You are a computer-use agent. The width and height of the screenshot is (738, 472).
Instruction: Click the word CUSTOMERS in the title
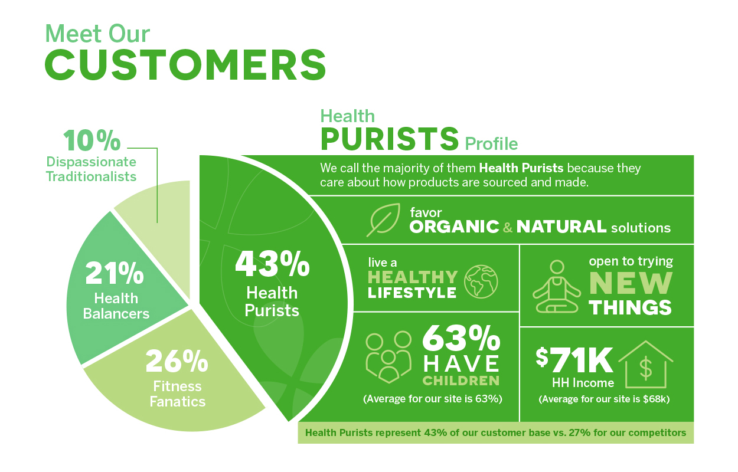tap(185, 65)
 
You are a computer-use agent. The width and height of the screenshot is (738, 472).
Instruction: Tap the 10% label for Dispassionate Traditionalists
tap(92, 140)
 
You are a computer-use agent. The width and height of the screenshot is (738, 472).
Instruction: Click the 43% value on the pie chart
tap(272, 264)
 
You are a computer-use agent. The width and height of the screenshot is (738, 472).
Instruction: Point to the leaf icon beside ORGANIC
tap(384, 219)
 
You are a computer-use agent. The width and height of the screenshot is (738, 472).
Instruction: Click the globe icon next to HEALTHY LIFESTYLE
tap(481, 282)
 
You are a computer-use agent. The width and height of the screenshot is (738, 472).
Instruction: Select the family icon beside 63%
tap(388, 357)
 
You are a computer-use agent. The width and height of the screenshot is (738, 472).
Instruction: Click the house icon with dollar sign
tap(646, 365)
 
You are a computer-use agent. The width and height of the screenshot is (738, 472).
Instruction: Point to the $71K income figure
tap(574, 360)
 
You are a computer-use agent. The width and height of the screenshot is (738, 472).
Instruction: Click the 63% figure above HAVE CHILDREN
tap(461, 339)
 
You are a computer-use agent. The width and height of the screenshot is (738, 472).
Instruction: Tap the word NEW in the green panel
tap(631, 283)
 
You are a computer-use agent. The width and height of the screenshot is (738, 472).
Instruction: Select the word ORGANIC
tap(455, 227)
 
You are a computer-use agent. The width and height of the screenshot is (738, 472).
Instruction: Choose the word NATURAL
tap(561, 227)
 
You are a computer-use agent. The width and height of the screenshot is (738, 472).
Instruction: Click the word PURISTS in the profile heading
tap(390, 139)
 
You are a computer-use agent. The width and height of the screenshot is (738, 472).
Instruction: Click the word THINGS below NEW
tap(631, 307)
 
